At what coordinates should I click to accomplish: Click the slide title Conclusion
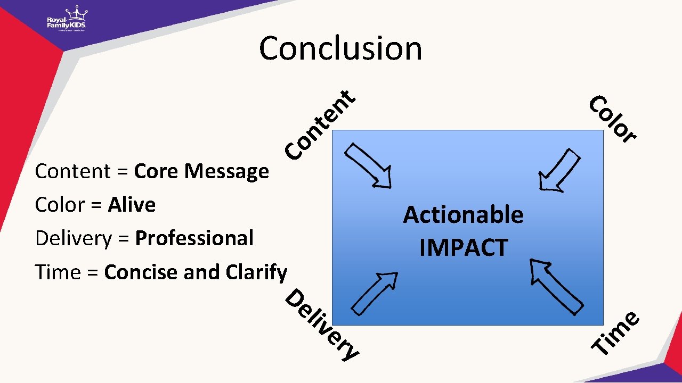340,48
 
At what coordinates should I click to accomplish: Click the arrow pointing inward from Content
369,165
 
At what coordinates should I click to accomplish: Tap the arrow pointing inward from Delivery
375,293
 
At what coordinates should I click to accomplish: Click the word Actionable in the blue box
463,215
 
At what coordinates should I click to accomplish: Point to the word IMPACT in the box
463,248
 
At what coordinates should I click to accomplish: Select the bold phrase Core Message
201,171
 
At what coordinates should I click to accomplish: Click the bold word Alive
132,205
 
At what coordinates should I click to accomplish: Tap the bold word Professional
194,238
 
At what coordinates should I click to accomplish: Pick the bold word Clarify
256,272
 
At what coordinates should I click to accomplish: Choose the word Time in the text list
58,272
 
